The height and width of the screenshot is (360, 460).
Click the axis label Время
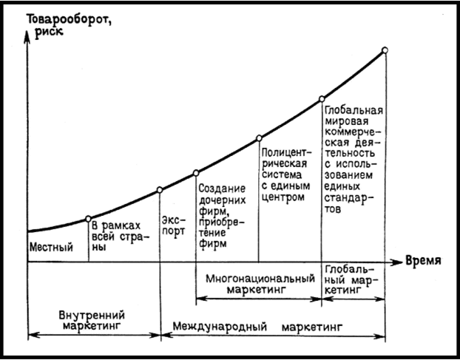coord(424,261)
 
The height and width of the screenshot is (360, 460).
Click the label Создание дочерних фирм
coord(222,214)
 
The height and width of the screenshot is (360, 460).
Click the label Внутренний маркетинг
coord(91,319)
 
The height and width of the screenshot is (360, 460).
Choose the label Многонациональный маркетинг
coord(260,285)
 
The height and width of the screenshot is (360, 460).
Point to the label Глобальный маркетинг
coord(354,278)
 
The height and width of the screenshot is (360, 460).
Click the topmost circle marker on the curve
coord(385,50)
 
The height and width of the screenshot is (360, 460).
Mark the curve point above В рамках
coord(89,218)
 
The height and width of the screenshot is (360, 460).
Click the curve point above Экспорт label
coord(160,190)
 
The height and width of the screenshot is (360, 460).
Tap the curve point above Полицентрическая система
coord(259,137)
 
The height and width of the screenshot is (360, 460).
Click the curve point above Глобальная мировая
coord(322,98)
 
